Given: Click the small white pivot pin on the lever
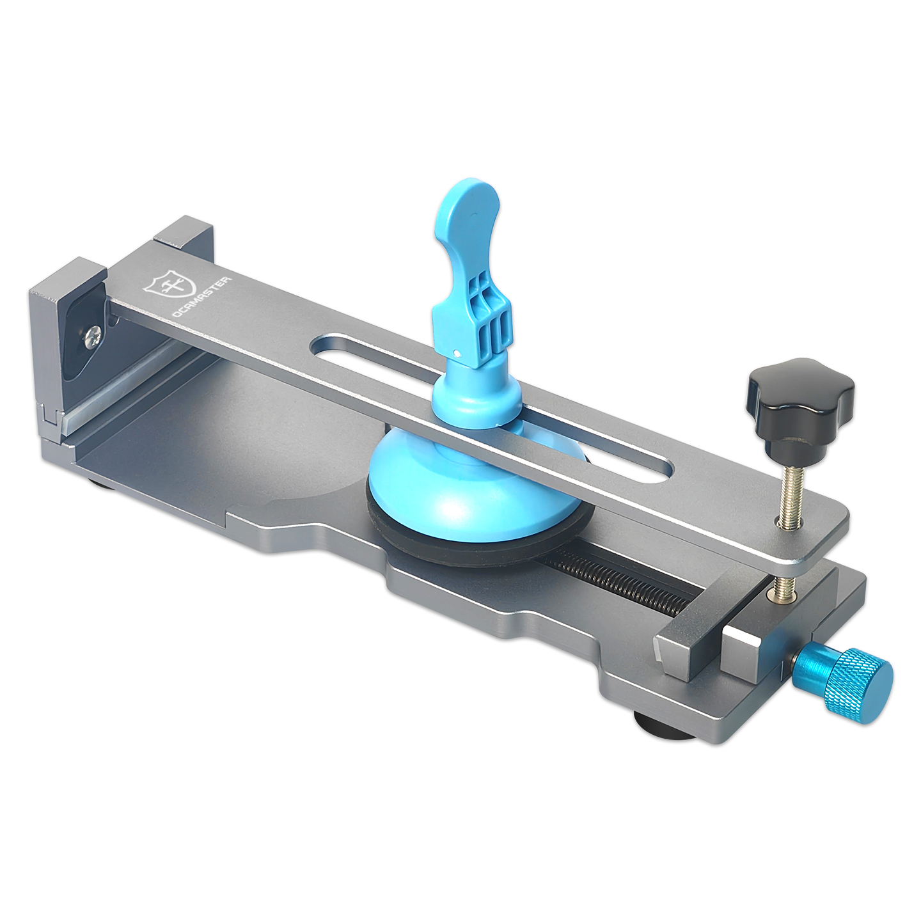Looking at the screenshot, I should [457, 352].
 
